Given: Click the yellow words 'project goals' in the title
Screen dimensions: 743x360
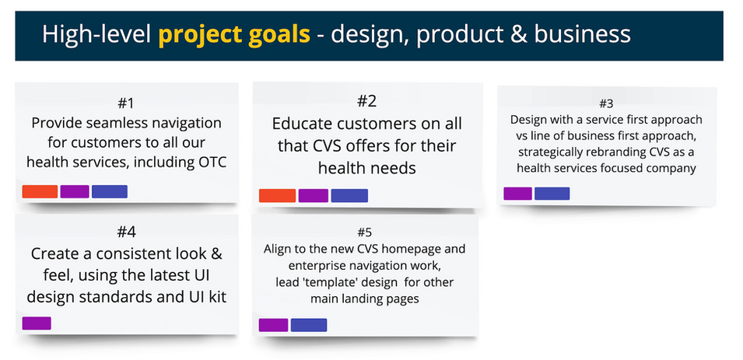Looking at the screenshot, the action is pos(234,34).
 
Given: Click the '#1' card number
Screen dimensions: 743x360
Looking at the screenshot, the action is pos(126,103).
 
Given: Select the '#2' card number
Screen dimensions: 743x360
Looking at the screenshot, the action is pos(366,100).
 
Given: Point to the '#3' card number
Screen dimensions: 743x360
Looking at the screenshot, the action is pos(606,103).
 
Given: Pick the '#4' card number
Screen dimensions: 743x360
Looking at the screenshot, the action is pos(127,232).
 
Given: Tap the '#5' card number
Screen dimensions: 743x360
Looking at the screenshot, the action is pos(365,232).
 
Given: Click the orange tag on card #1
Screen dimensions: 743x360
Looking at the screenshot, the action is pos(40,191).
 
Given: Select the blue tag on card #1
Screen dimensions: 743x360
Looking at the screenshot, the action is pos(110,191).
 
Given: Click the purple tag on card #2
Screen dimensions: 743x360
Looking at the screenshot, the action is pos(314,196).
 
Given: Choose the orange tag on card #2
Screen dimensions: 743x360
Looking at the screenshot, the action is pos(277,196).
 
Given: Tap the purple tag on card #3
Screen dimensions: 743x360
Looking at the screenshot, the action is pos(518,194).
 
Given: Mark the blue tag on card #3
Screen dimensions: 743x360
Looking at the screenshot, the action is pos(552,194).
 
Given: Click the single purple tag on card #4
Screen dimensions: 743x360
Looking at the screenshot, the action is pos(37,323).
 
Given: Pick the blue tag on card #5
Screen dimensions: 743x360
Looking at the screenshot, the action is pos(308,325).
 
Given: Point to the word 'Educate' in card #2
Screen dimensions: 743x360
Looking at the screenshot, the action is pos(301,124).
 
